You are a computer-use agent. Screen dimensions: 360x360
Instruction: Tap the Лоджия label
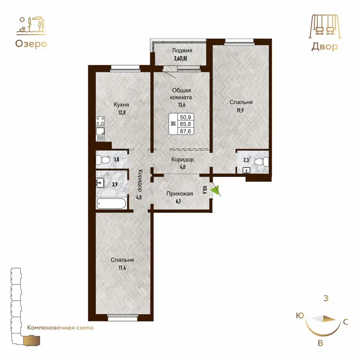click(182, 51)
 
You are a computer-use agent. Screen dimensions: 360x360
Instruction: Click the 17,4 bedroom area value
click(121, 268)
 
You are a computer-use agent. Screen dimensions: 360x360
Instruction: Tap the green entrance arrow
click(216, 191)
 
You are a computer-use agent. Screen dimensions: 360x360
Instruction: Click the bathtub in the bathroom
click(112, 204)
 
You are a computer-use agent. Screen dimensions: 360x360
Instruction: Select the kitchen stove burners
click(100, 121)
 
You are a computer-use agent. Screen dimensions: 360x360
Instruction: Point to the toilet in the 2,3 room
click(259, 161)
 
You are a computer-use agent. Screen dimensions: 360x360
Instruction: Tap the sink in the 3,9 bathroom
click(100, 182)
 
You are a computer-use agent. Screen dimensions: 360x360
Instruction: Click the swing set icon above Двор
click(324, 26)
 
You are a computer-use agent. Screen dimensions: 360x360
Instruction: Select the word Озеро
click(31, 44)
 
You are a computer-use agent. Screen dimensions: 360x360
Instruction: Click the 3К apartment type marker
click(173, 124)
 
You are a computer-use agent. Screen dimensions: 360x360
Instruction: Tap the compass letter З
click(325, 298)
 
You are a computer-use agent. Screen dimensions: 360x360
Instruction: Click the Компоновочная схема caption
click(60, 328)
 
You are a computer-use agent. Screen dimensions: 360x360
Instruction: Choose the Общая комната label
click(182, 93)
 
